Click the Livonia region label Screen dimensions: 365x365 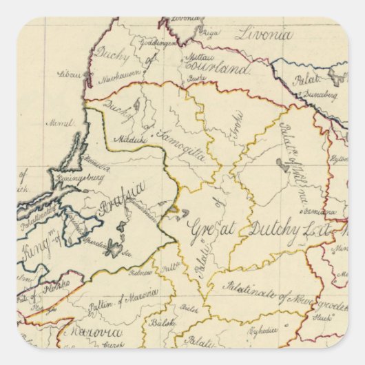pyautogui.click(x=264, y=34)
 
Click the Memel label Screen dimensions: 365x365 pyautogui.click(x=61, y=123)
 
